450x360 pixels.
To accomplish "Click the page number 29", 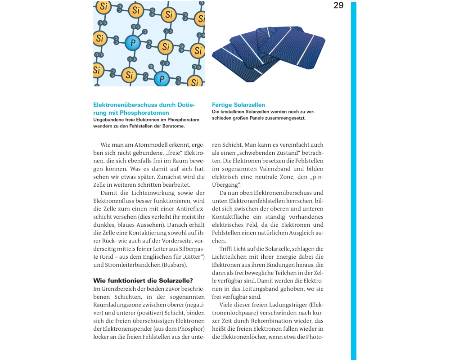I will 338,5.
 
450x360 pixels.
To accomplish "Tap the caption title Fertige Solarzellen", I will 238,105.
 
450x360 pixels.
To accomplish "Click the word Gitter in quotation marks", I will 193,256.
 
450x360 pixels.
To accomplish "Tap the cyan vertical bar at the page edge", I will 354,180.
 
